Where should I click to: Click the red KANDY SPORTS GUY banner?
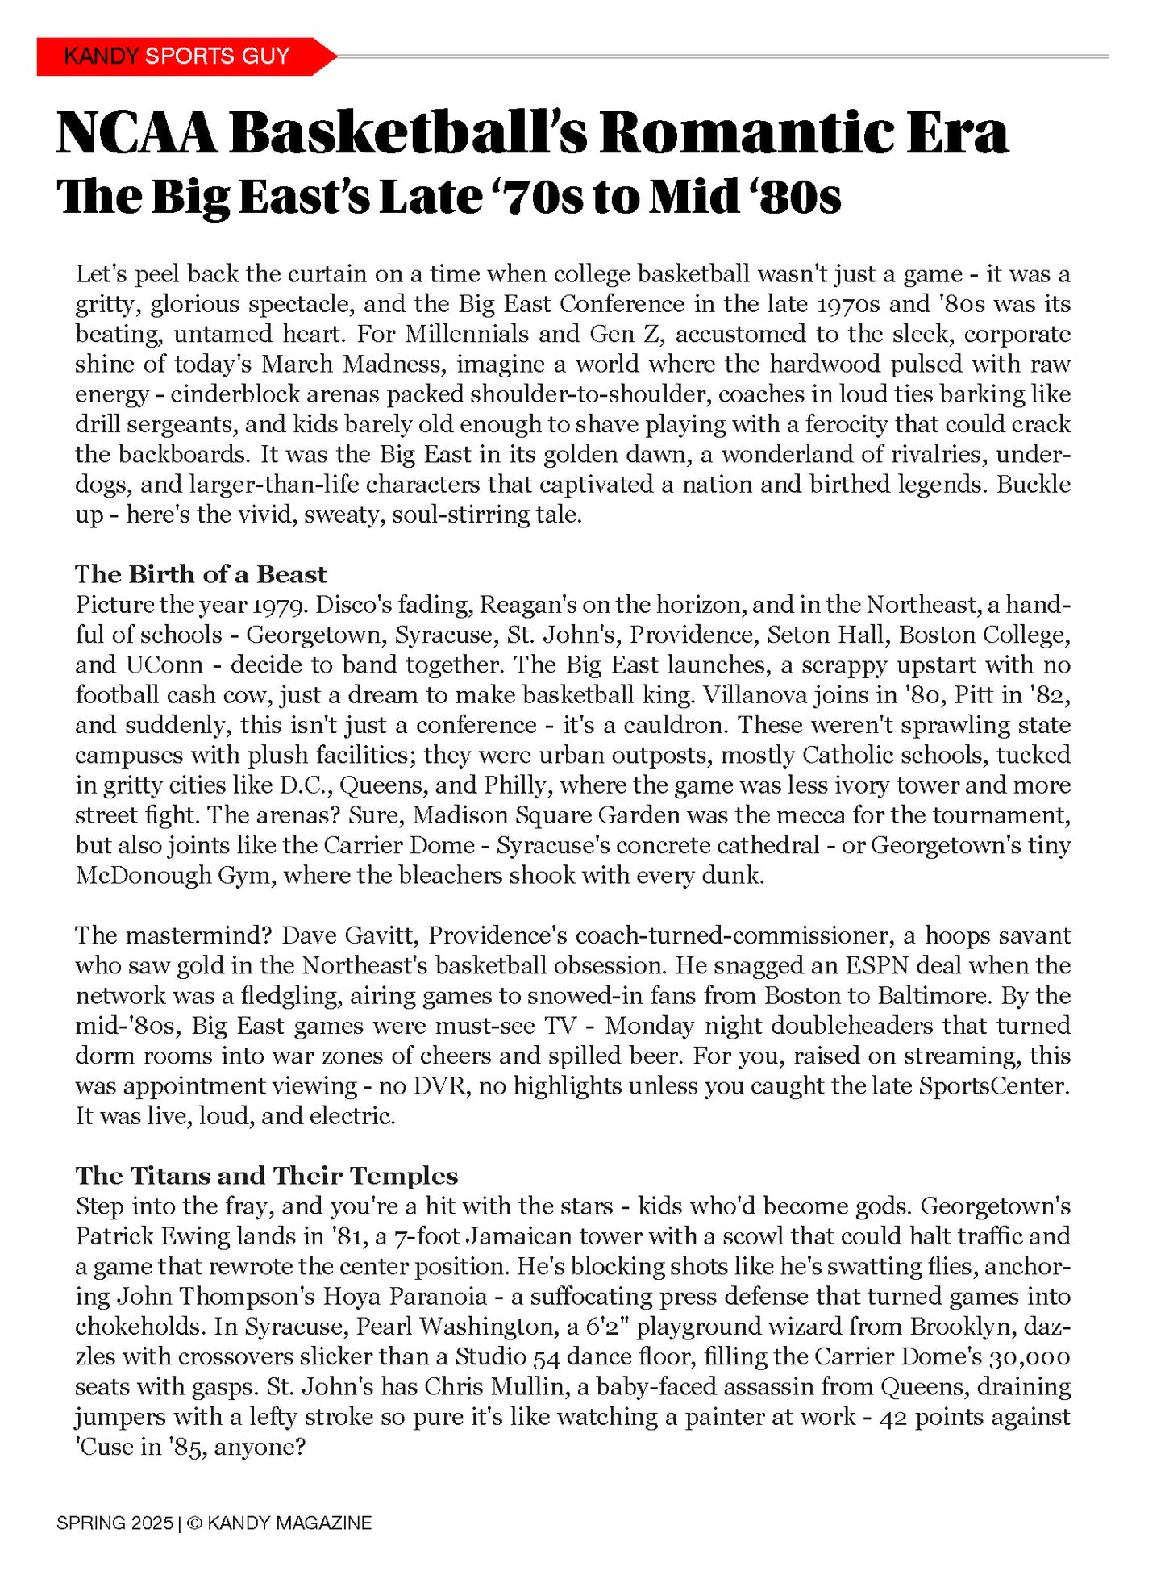(x=177, y=56)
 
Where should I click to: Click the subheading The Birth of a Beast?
(x=201, y=574)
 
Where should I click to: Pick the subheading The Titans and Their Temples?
(x=266, y=1175)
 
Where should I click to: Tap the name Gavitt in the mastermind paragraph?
(x=379, y=935)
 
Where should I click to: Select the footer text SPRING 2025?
(x=114, y=1523)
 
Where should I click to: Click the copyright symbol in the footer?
(x=194, y=1523)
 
